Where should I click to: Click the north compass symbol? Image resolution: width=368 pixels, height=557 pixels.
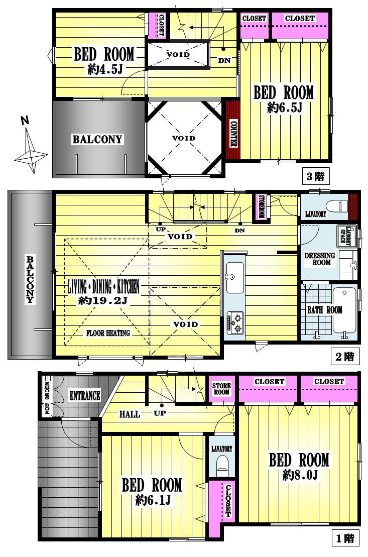pyautogui.click(x=30, y=145)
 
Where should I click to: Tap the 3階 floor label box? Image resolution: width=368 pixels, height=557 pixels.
pyautogui.click(x=316, y=176)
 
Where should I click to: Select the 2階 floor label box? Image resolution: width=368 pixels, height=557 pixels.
pyautogui.click(x=345, y=357)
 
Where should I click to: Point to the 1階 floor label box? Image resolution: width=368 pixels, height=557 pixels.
pyautogui.click(x=345, y=539)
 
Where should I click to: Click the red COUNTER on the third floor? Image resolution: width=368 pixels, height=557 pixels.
pyautogui.click(x=232, y=130)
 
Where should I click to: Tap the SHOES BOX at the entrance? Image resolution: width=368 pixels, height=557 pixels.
pyautogui.click(x=46, y=396)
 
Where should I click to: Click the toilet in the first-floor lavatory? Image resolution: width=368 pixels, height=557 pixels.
pyautogui.click(x=221, y=466)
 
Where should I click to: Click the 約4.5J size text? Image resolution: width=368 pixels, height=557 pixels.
pyautogui.click(x=104, y=69)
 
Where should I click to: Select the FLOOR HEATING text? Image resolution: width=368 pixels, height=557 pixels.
pyautogui.click(x=108, y=333)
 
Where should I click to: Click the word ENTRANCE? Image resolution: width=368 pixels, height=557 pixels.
pyautogui.click(x=84, y=395)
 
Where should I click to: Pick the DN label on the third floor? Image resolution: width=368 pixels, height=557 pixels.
pyautogui.click(x=224, y=61)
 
